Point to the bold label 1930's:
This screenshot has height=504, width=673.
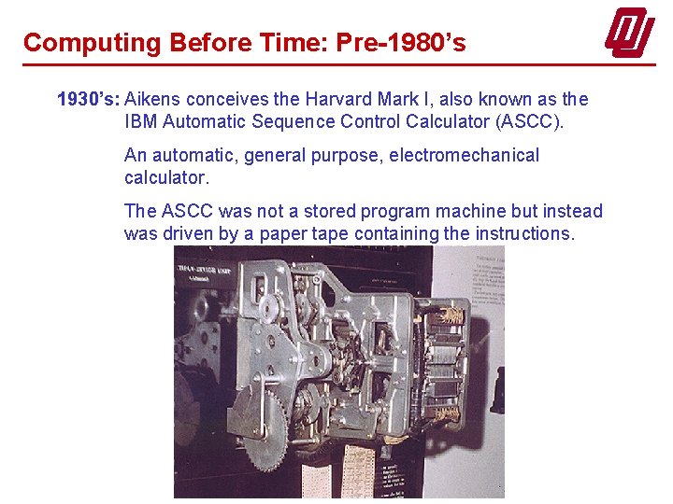click(89, 99)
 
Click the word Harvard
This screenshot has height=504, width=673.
click(336, 99)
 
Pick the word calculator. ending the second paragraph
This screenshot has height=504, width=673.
click(166, 177)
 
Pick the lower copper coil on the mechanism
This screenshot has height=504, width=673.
click(448, 412)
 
